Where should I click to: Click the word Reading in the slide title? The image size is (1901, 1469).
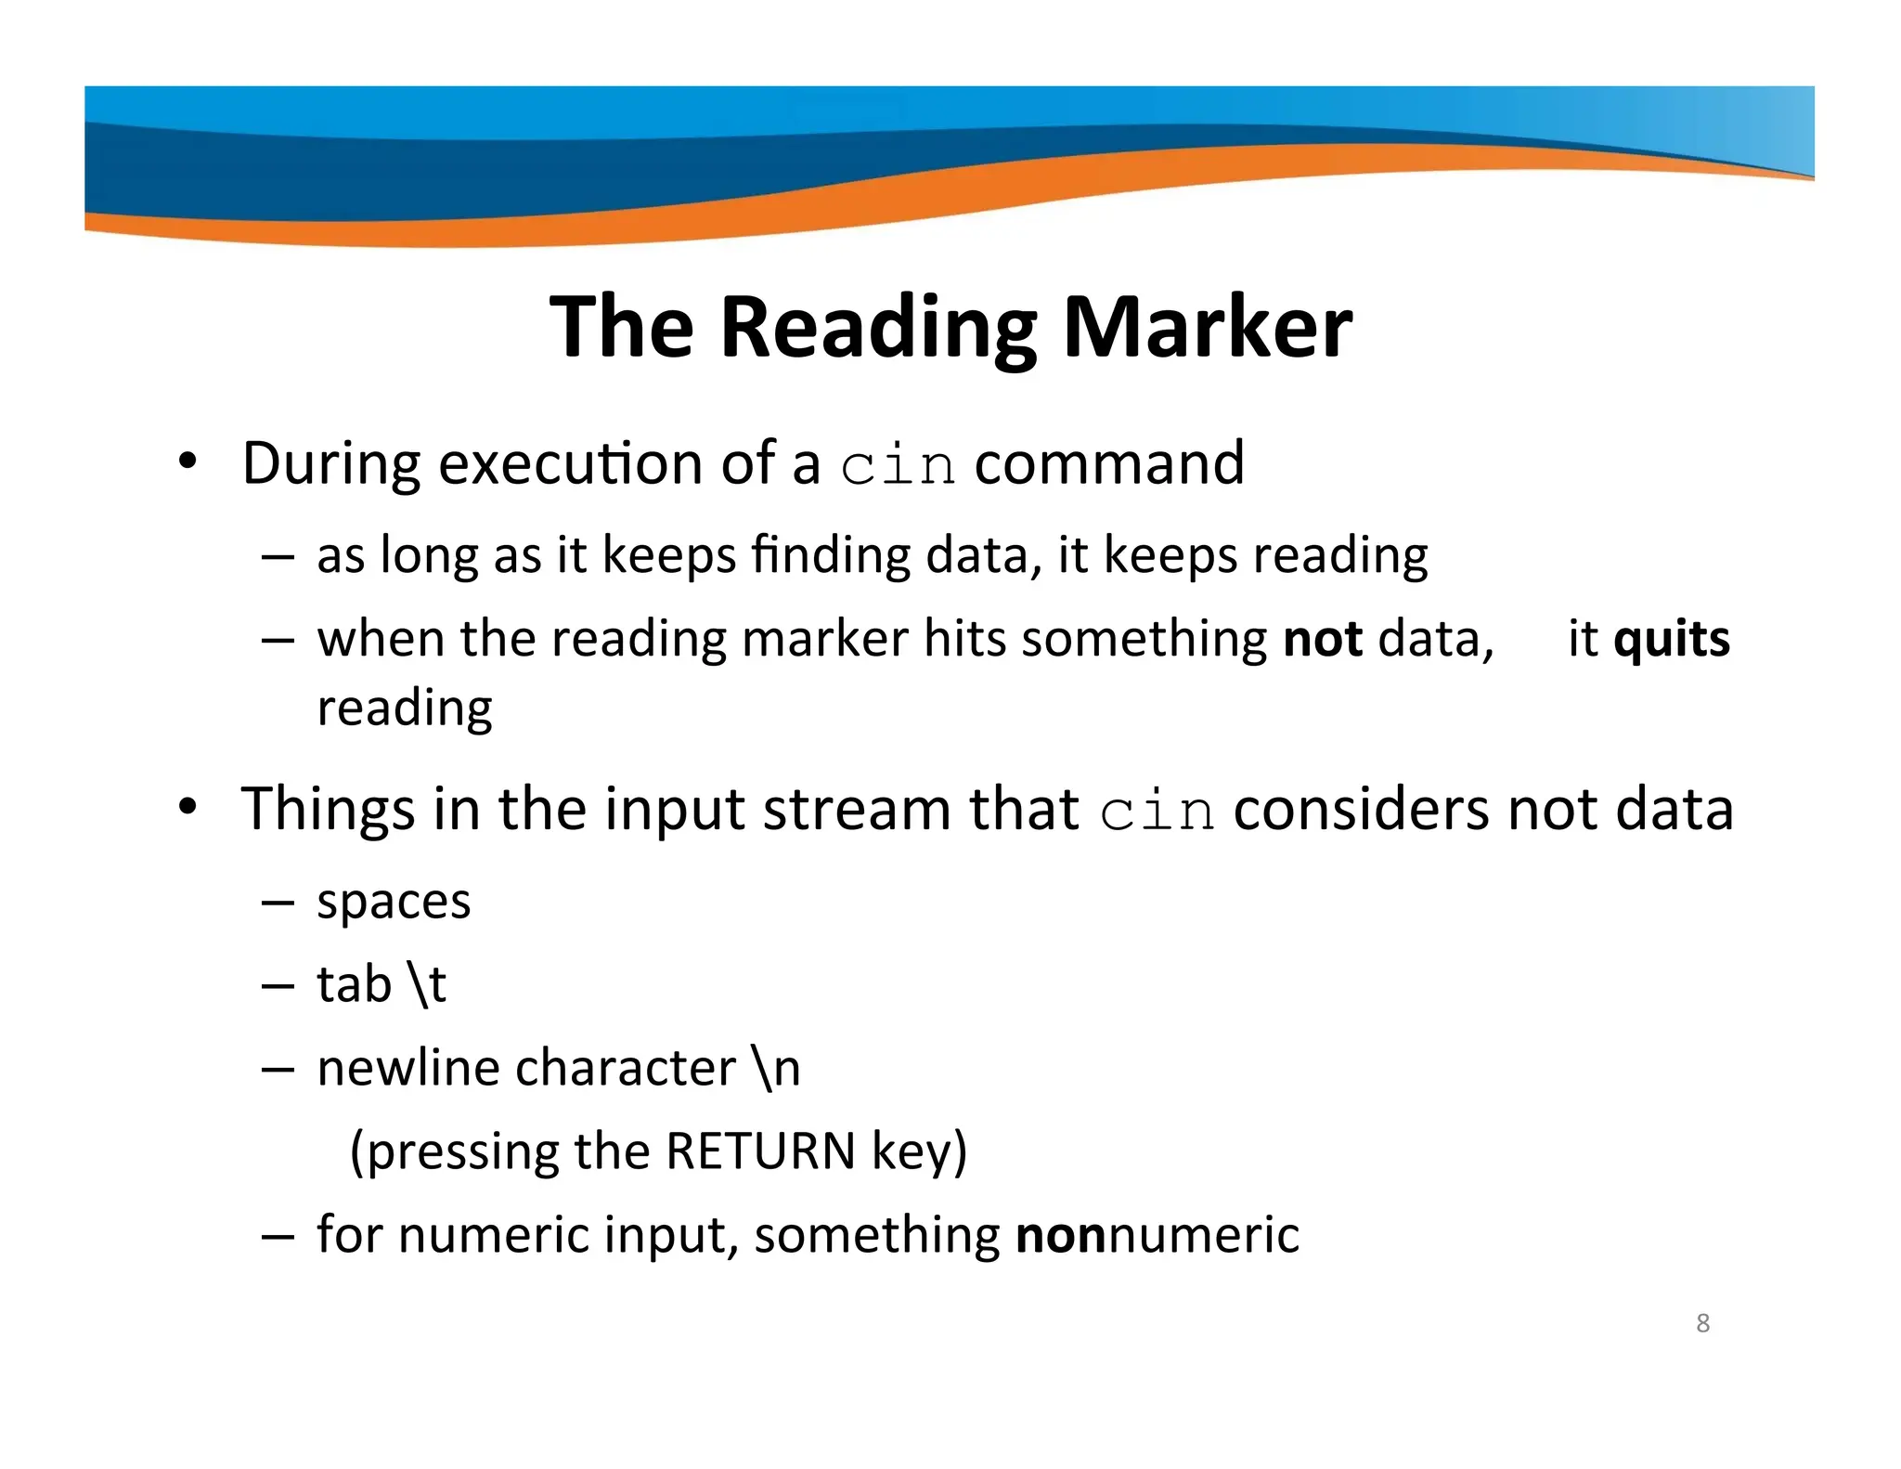coord(878,329)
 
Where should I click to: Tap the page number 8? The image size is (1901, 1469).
coord(1702,1322)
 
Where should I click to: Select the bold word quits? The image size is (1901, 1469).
coord(1672,640)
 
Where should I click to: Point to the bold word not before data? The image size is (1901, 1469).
coord(1322,640)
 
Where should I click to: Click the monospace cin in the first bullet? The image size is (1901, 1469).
coord(897,465)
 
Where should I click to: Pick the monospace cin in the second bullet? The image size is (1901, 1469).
coord(1156,811)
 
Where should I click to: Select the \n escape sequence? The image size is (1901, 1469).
coord(777,1069)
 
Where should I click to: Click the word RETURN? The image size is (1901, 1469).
coord(760,1151)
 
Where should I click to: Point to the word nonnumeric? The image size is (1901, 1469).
coord(1157,1236)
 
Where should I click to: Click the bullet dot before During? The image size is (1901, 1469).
coord(188,462)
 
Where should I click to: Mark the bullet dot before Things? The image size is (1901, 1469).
coord(188,808)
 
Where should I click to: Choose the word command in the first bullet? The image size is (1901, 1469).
coord(1108,463)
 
